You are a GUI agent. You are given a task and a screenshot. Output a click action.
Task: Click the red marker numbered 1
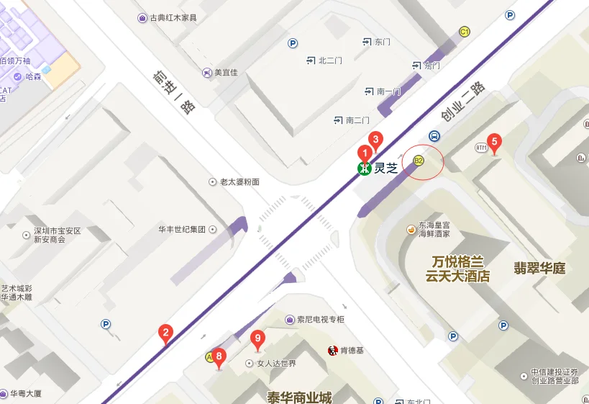click(365, 153)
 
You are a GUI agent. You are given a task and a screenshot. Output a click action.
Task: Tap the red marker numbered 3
click(375, 140)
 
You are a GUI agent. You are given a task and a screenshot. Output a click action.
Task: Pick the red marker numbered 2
click(165, 333)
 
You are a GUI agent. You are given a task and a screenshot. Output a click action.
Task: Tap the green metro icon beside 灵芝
click(365, 169)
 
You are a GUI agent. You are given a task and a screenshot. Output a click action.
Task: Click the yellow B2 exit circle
click(419, 160)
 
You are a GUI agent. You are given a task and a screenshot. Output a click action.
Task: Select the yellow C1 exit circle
click(465, 32)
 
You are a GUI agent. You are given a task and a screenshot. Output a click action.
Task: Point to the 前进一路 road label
click(175, 93)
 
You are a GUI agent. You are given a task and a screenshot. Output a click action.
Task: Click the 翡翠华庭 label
click(539, 269)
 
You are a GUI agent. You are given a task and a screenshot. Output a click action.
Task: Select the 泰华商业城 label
click(299, 397)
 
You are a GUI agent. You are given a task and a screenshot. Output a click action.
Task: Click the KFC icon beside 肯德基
click(332, 351)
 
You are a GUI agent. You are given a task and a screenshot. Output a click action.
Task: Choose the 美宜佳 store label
click(225, 72)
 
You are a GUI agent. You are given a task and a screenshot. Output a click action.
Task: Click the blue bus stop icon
click(434, 135)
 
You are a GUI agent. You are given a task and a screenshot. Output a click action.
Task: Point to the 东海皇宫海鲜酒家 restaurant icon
click(411, 230)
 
